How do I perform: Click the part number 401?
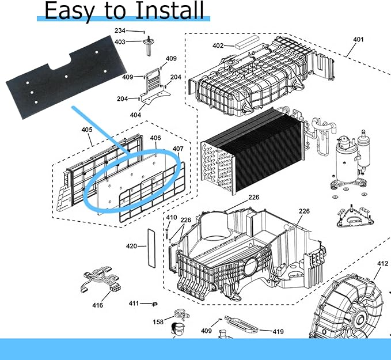pos(358,40)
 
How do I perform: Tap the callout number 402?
pos(218,46)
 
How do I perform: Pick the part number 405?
pos(87,130)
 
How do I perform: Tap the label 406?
pos(155,138)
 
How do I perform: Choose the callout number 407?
pos(177,149)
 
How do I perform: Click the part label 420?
pos(132,247)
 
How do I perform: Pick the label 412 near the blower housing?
pos(383,264)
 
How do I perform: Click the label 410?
pos(172,218)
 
